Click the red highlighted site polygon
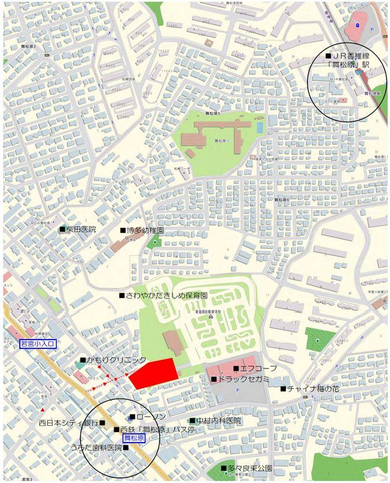pos(154,373)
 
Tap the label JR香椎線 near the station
pos(351,56)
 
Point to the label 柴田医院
pos(80,230)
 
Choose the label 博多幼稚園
pos(145,230)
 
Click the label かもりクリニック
pos(116,360)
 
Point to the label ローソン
pos(151,417)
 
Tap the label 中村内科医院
pos(218,421)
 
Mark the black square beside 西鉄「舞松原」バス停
pos(116,430)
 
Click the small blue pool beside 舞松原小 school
pos(259,126)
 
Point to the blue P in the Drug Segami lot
pos(238,390)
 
